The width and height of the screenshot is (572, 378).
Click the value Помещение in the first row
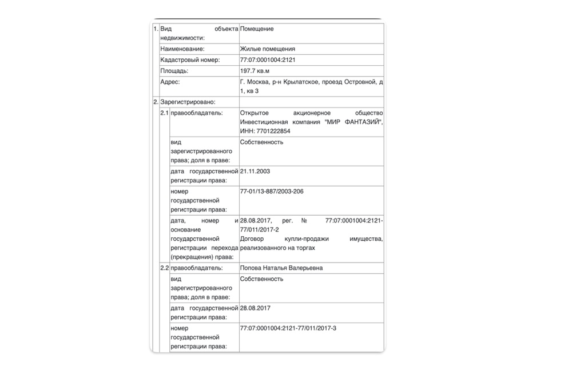[257, 29]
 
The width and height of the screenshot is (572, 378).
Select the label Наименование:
[182, 49]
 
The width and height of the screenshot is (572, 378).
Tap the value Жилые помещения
[268, 49]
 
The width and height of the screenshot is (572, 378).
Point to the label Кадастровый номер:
[190, 60]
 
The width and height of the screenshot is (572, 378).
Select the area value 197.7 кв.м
[255, 71]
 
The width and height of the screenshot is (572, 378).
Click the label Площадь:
[174, 71]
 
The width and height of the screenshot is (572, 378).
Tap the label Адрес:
[170, 82]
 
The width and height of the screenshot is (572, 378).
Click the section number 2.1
[164, 113]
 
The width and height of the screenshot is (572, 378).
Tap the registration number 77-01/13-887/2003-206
[272, 191]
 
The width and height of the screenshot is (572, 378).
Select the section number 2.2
[164, 268]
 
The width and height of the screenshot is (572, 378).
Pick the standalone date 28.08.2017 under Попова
[256, 308]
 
